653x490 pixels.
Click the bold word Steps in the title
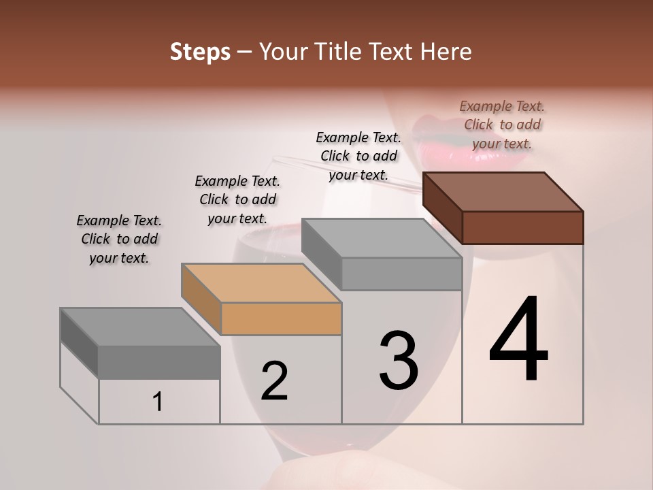(x=200, y=52)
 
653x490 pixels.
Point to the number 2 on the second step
(x=274, y=380)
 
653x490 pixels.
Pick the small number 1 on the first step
(x=158, y=402)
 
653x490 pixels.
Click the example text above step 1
(x=119, y=239)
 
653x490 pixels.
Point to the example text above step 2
(x=237, y=199)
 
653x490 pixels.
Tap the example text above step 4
(x=502, y=125)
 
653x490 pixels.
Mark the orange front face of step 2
(x=281, y=318)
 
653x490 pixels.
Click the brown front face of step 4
(x=522, y=227)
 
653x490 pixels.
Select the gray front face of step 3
(x=401, y=274)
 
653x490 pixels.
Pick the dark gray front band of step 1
(x=159, y=361)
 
